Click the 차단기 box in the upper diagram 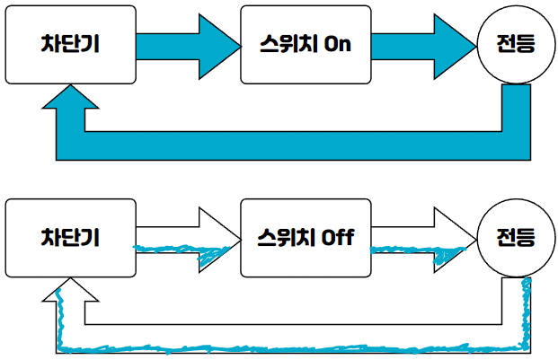69,42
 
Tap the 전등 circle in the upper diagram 515,43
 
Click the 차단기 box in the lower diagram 69,237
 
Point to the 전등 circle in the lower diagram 515,238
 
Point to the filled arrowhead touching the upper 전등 455,42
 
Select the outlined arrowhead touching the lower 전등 455,238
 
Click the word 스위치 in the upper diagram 285,43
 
